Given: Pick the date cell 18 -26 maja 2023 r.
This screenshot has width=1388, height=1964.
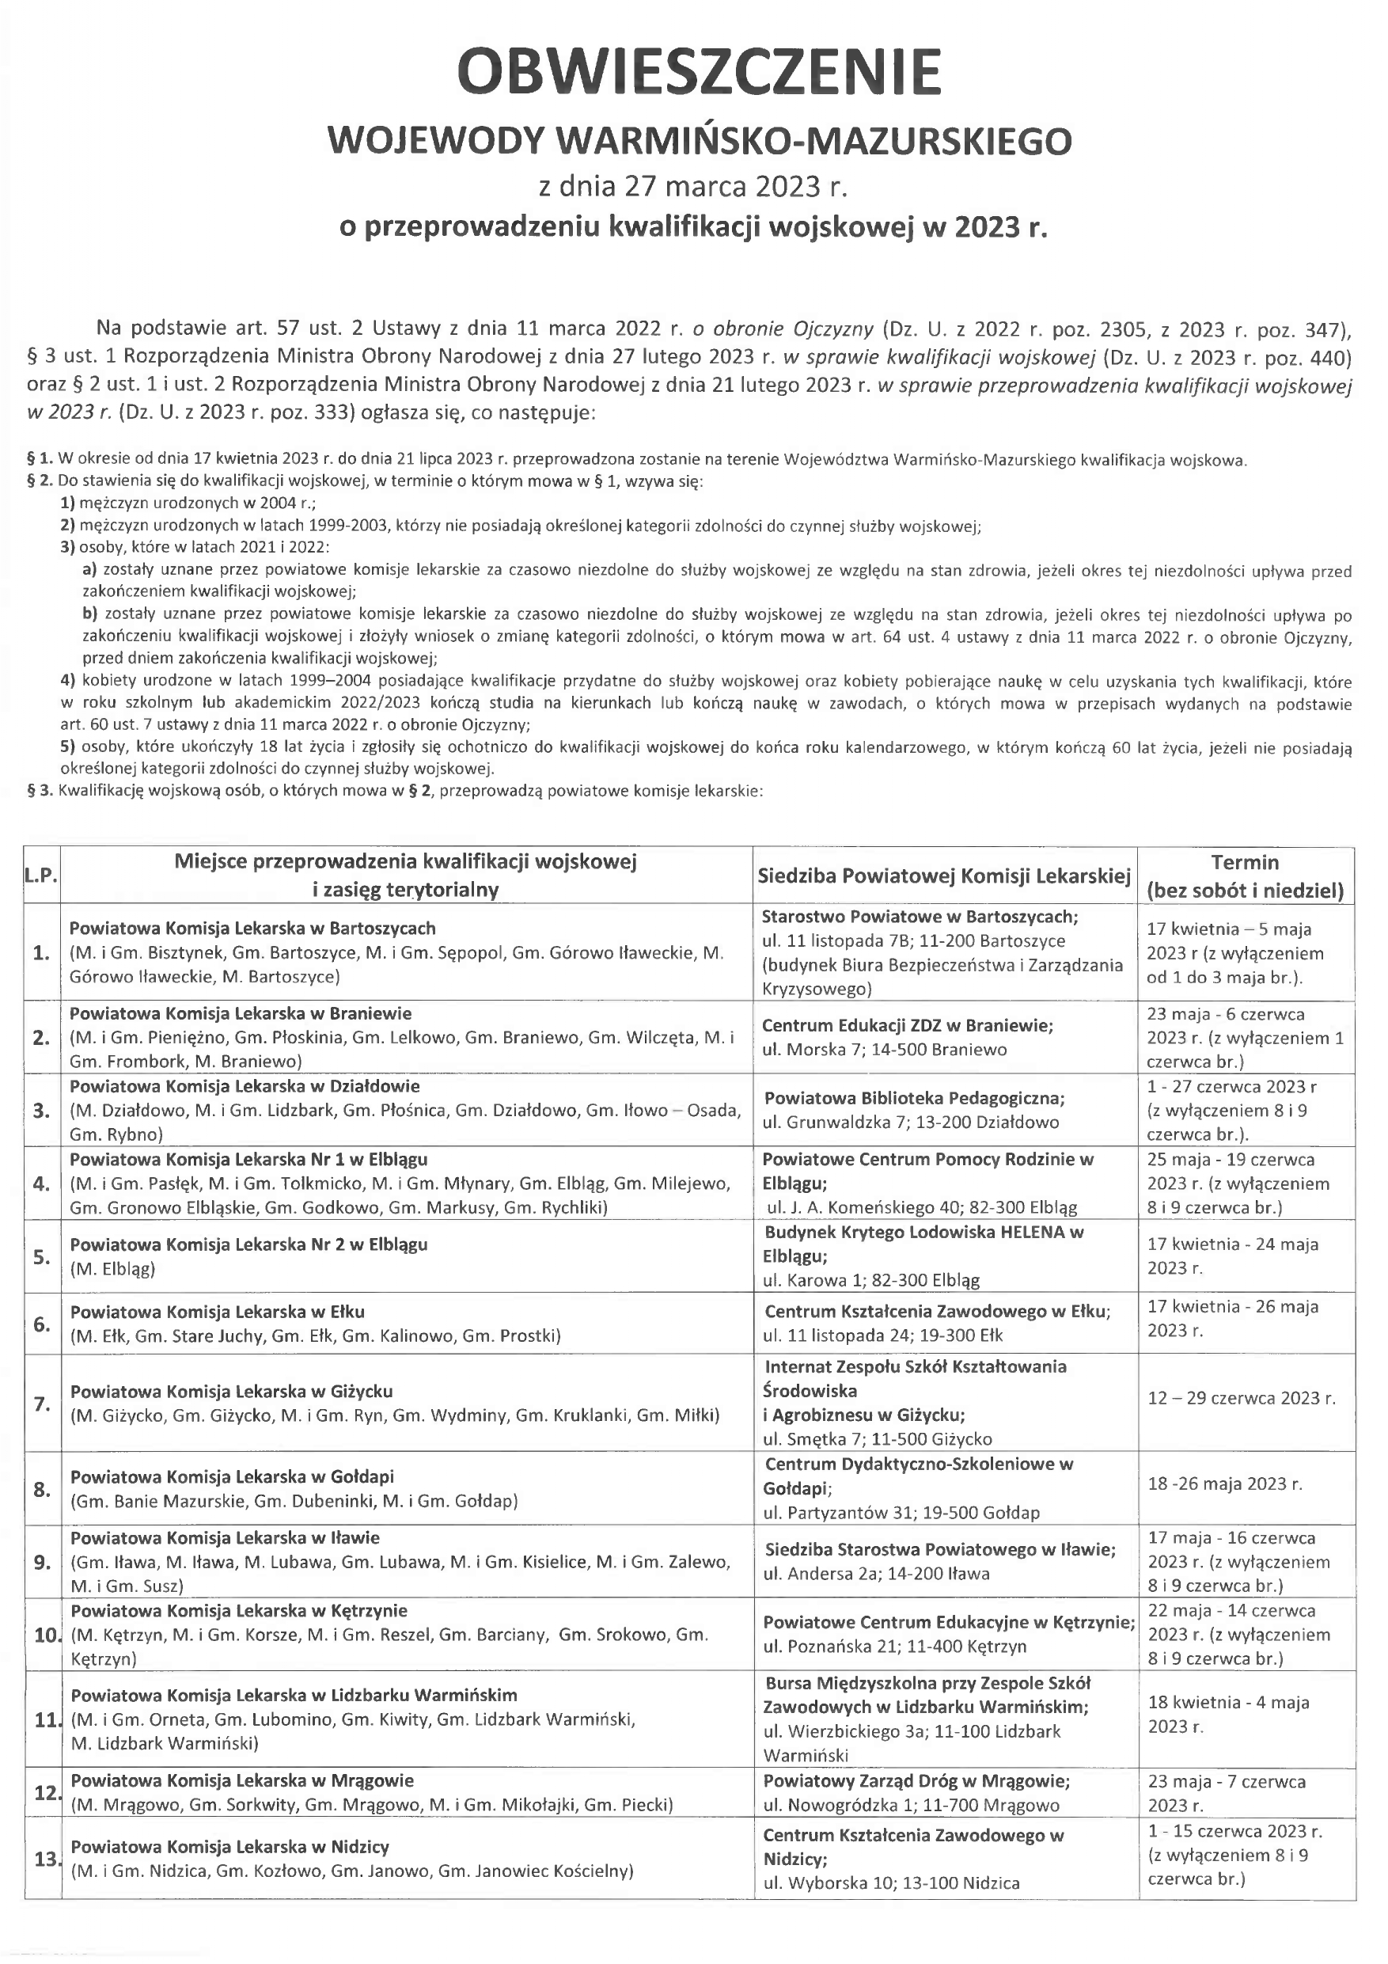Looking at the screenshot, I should click(x=1224, y=1484).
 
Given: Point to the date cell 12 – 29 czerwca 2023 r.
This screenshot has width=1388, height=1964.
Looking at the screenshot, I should click(x=1241, y=1399).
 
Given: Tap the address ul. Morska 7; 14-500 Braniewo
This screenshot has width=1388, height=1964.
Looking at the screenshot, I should click(x=884, y=1050).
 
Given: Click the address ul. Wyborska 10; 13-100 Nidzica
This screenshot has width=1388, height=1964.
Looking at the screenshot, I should click(x=891, y=1882).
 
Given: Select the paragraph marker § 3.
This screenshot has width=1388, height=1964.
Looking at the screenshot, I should click(x=40, y=792).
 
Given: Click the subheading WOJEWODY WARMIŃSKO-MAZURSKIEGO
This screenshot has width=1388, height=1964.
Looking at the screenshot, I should click(x=699, y=141).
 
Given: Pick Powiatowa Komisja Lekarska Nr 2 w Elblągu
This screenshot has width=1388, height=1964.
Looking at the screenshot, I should click(x=248, y=1244).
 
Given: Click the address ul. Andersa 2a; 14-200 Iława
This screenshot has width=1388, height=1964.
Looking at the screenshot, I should click(x=877, y=1573).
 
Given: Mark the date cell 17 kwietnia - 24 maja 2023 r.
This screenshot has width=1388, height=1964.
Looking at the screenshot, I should click(x=1232, y=1256).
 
